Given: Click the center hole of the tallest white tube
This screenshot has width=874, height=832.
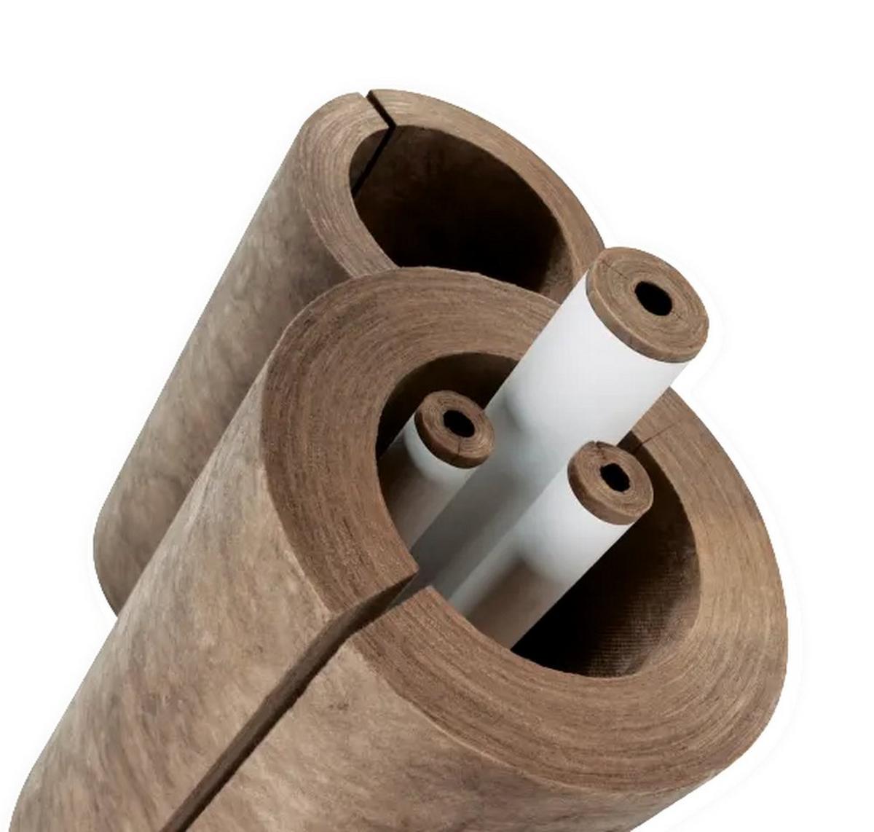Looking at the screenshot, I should pos(653,299).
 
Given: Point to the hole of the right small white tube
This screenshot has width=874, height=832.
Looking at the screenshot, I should pos(615,477).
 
